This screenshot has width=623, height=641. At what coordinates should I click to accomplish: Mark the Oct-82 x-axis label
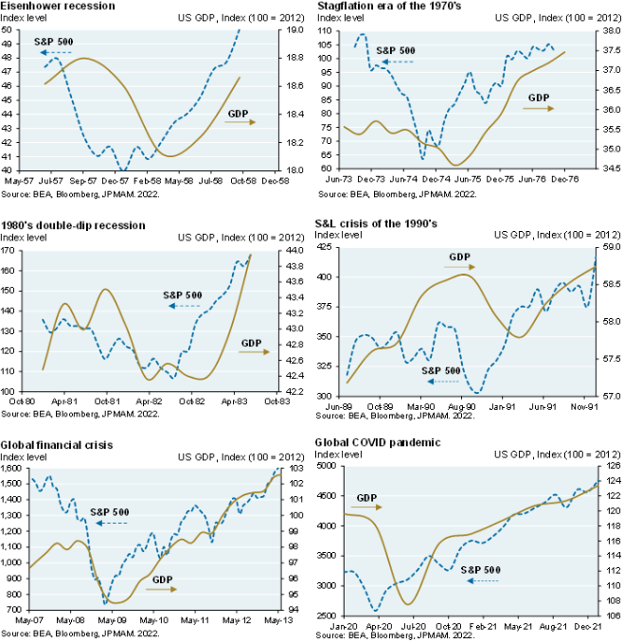(193, 400)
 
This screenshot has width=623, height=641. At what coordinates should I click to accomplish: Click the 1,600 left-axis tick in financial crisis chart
(16, 469)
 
